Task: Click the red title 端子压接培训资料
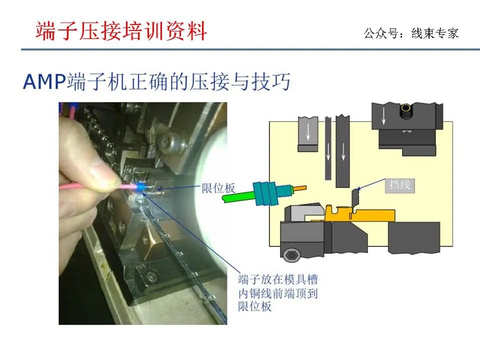pos(121,31)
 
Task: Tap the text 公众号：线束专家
pos(411,33)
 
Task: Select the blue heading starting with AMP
pos(156,81)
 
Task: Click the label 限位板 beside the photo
pos(218,188)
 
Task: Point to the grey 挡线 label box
pos(400,185)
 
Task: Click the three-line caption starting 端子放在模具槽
pos(277,293)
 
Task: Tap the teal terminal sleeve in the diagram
pos(265,193)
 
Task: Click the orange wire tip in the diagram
pos(300,187)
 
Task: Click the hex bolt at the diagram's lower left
pos(291,254)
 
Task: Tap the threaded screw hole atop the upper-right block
pos(406,111)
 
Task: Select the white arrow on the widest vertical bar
pos(343,151)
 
